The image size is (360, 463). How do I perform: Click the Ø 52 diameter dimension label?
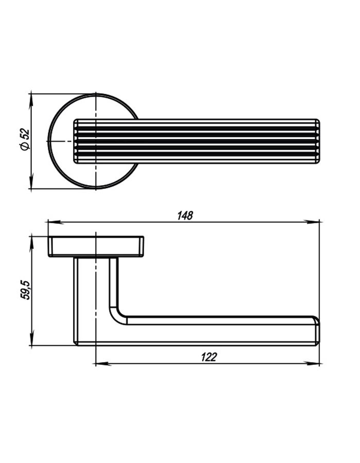coord(25,139)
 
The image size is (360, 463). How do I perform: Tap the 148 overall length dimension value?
coord(185,216)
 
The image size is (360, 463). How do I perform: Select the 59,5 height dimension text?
coord(25,291)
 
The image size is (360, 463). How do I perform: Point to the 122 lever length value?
coord(209,358)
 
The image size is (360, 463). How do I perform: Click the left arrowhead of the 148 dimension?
coord(56,222)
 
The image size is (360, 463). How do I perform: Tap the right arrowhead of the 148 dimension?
coord(312,222)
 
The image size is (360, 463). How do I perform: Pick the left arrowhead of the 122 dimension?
coord(103,364)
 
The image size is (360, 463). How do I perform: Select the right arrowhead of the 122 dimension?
coord(312,364)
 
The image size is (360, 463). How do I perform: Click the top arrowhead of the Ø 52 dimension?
coord(31,101)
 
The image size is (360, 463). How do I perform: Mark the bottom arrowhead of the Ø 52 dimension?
coord(31,181)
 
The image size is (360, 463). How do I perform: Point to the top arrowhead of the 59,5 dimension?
coord(31,244)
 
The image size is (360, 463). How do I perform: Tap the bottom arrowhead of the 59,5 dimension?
coord(31,337)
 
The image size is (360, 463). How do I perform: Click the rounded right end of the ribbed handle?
coord(317,141)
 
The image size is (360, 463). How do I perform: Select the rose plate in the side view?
coord(96,246)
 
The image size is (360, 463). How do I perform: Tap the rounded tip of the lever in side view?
coord(317,331)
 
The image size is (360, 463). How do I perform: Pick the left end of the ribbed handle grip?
coord(76,141)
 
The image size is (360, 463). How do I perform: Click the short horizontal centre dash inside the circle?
coord(63,141)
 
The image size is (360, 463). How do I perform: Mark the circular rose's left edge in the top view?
coord(48,141)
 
